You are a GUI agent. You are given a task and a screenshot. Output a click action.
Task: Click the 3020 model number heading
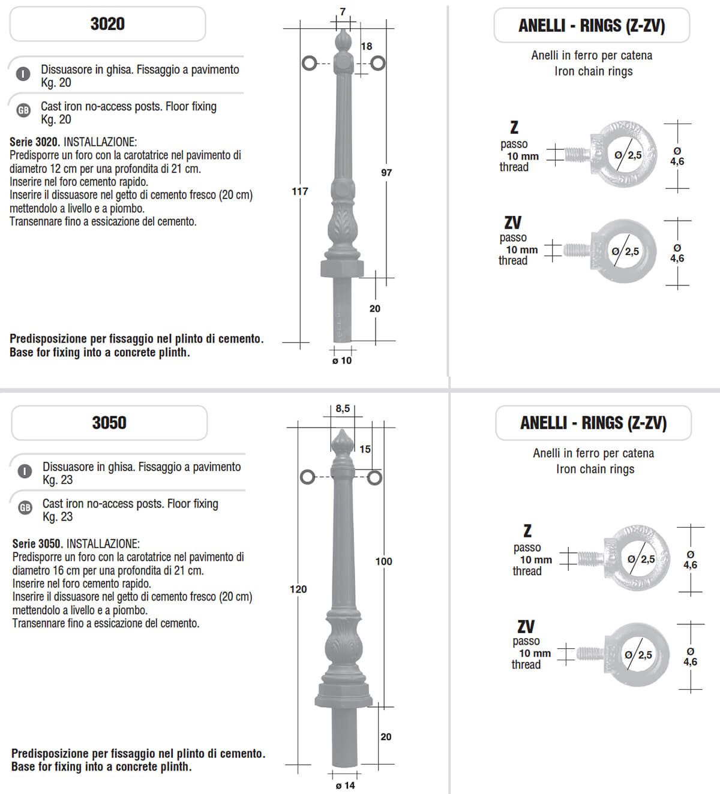click(107, 24)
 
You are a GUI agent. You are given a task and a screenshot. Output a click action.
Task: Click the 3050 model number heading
click(109, 423)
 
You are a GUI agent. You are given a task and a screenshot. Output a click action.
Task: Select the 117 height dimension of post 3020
click(299, 191)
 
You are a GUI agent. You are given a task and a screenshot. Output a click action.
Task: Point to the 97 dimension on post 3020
click(386, 172)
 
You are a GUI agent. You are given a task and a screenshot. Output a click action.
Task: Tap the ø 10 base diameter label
click(342, 360)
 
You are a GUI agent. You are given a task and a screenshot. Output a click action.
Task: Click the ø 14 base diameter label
click(345, 785)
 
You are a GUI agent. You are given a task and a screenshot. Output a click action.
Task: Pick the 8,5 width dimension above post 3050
click(343, 408)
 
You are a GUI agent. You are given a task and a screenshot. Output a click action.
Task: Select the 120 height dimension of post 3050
click(298, 589)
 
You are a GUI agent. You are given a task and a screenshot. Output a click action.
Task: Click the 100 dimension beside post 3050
click(383, 561)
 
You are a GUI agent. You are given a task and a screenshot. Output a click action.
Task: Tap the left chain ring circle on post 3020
click(309, 63)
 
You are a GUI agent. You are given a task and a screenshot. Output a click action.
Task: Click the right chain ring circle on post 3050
click(374, 477)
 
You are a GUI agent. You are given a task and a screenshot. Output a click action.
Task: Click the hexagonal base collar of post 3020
click(342, 267)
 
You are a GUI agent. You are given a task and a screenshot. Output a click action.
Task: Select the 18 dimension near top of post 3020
click(366, 46)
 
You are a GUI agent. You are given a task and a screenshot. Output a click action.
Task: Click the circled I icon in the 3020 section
click(23, 74)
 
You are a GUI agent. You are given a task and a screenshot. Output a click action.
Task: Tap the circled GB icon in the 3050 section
click(25, 508)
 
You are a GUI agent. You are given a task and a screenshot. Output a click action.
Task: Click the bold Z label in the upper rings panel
click(514, 127)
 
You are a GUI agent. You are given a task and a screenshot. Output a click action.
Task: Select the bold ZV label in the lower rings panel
click(526, 627)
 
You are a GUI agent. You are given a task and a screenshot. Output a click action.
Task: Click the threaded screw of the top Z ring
click(577, 155)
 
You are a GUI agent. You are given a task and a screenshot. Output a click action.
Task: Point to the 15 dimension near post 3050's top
click(365, 449)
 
